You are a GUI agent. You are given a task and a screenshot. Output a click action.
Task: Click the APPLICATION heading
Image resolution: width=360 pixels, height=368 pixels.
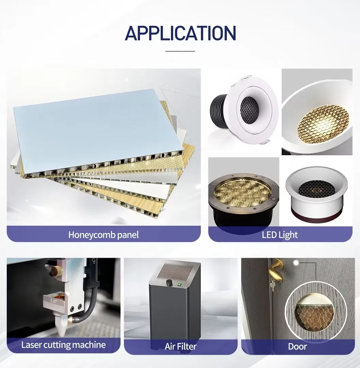click(x=180, y=33)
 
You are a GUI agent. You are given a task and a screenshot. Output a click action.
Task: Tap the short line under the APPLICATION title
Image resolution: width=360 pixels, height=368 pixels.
click(x=180, y=51)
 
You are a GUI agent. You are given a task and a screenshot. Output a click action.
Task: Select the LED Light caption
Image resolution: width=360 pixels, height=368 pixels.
click(x=280, y=235)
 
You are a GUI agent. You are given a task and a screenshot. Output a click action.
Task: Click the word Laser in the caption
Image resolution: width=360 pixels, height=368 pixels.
click(x=31, y=345)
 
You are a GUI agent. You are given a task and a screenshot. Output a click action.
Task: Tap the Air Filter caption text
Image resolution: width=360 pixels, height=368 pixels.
click(x=180, y=347)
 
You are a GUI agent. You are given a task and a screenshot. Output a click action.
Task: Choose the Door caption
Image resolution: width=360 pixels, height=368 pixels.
click(x=297, y=347)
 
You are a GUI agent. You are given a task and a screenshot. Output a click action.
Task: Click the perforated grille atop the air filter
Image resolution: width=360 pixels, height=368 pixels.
click(x=174, y=272)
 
